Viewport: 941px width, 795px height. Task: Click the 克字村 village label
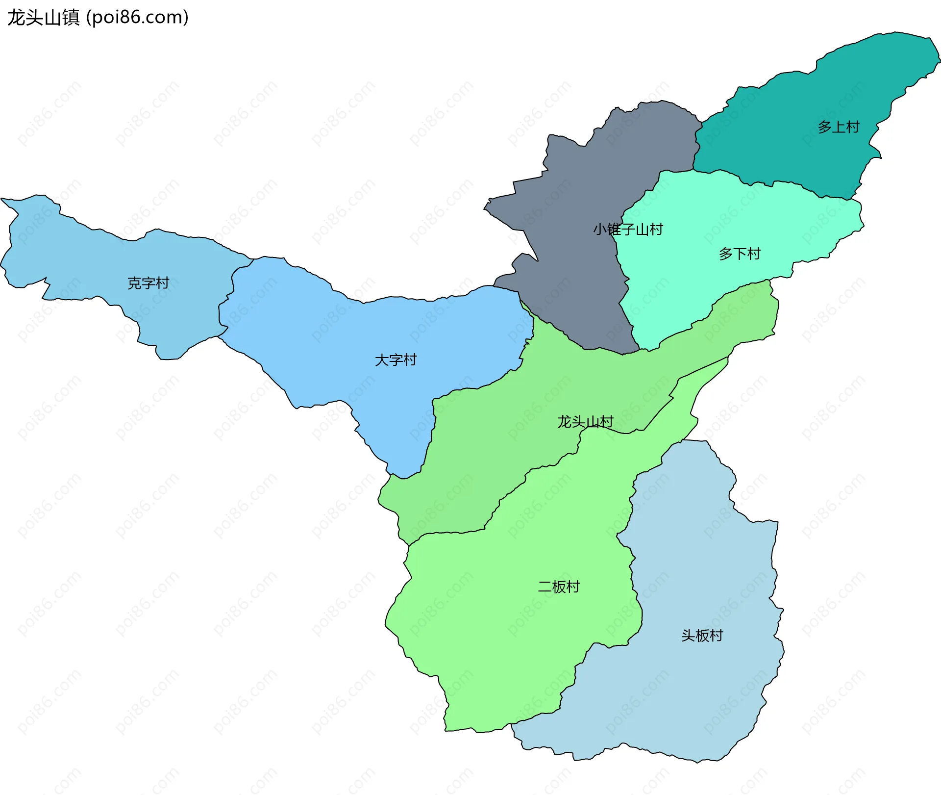pos(148,283)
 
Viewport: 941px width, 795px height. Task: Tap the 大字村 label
pos(396,360)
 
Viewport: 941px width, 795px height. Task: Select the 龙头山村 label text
pos(585,422)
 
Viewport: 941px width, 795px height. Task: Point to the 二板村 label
pos(559,587)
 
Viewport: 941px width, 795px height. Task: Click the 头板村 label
pos(702,636)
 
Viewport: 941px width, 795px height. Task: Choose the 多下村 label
pos(740,254)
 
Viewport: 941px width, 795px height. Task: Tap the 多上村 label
pos(838,127)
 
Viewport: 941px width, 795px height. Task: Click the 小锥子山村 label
pos(628,229)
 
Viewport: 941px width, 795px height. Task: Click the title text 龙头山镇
pos(43,18)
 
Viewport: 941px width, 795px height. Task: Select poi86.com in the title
pos(137,18)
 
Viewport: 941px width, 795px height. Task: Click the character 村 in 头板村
pos(716,636)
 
